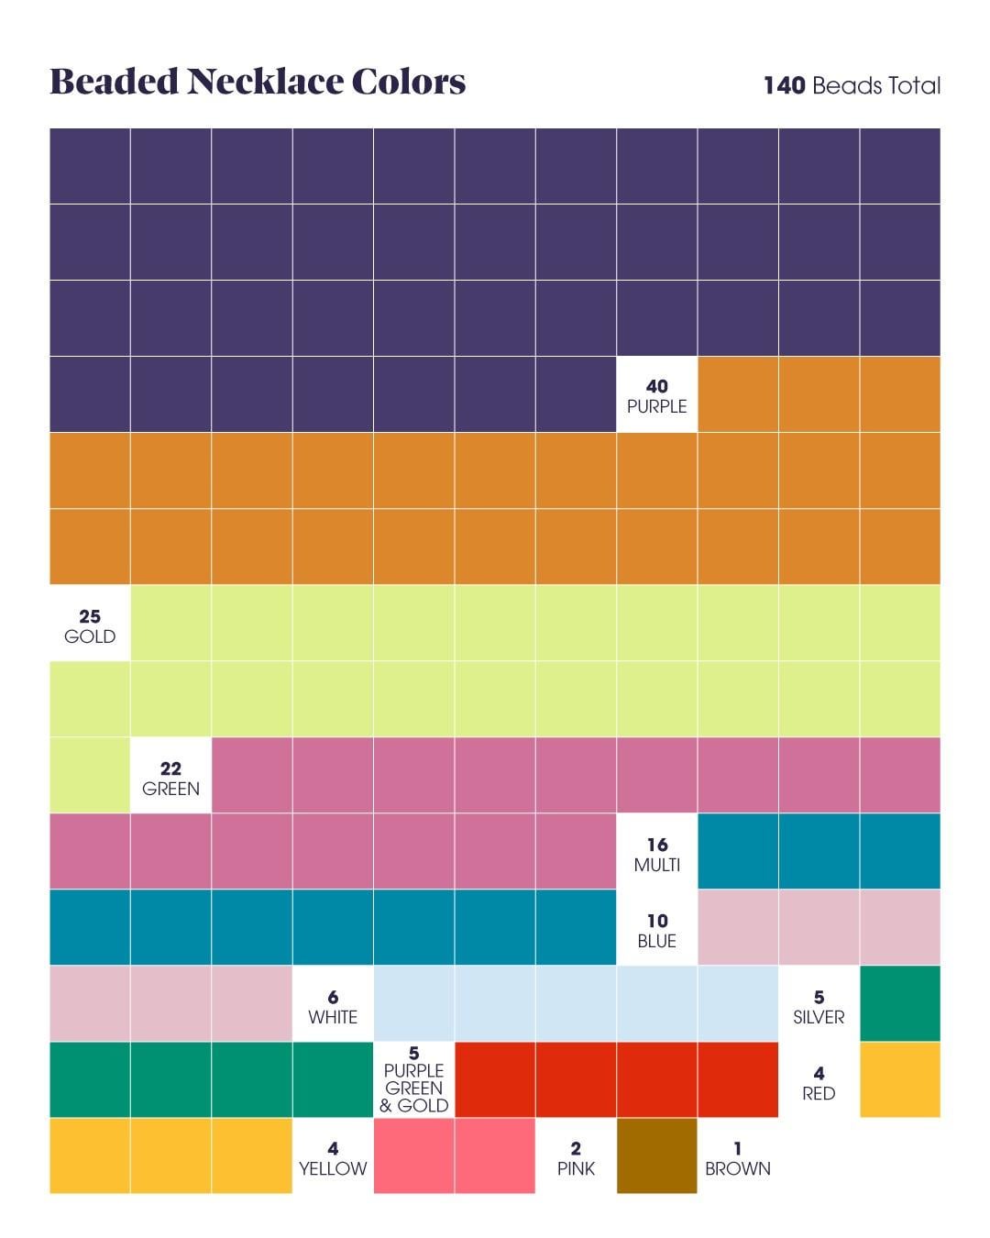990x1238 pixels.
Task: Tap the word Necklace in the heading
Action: pos(265,82)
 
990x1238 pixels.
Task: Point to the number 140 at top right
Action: pos(784,86)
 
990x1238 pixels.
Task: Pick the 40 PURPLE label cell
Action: pos(656,395)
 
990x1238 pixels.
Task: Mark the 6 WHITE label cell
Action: pos(333,1006)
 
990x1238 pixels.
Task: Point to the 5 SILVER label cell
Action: pos(819,1006)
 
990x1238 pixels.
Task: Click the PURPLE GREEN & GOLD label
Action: pos(414,1080)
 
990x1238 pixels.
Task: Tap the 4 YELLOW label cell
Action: pos(333,1158)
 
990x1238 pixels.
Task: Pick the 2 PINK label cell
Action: pos(576,1158)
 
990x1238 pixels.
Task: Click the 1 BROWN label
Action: pos(737,1158)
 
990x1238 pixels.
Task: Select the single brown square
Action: pos(656,1155)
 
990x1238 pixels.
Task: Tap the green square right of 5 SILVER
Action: pos(900,1003)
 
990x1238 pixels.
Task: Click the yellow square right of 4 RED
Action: pos(900,1079)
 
